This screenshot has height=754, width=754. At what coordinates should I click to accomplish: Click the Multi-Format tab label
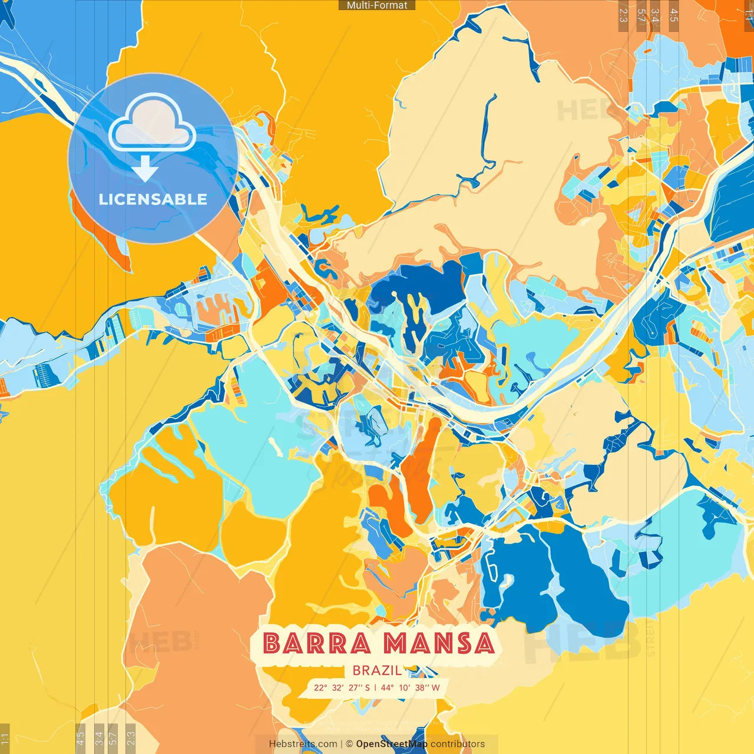(x=377, y=5)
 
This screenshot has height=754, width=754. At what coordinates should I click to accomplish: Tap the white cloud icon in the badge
(x=153, y=125)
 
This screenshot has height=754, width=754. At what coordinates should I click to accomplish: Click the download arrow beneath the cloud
(x=145, y=168)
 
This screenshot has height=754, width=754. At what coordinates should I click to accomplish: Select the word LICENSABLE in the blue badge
(x=153, y=199)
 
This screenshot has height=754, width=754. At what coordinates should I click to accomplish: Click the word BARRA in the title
(x=317, y=643)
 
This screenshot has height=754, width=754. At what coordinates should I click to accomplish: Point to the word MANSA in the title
(x=439, y=643)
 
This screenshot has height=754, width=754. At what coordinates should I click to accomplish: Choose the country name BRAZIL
(x=377, y=670)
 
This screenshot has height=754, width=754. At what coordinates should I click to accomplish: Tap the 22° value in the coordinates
(x=320, y=687)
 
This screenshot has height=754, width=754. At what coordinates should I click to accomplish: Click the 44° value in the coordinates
(x=388, y=687)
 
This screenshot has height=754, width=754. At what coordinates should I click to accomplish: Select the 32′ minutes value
(x=338, y=687)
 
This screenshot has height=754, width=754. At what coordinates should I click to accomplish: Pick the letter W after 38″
(x=435, y=687)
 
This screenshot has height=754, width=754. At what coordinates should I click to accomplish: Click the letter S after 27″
(x=368, y=687)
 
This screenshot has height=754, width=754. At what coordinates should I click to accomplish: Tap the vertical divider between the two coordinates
(x=376, y=687)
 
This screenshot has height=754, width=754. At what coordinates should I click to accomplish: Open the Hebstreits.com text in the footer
(x=303, y=744)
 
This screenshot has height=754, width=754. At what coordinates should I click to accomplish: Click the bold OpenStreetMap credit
(x=392, y=744)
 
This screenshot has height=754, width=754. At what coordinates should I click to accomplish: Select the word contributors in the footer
(x=458, y=744)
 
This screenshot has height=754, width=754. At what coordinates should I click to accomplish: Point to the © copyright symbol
(x=349, y=744)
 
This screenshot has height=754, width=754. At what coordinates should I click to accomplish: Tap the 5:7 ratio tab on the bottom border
(x=113, y=738)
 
